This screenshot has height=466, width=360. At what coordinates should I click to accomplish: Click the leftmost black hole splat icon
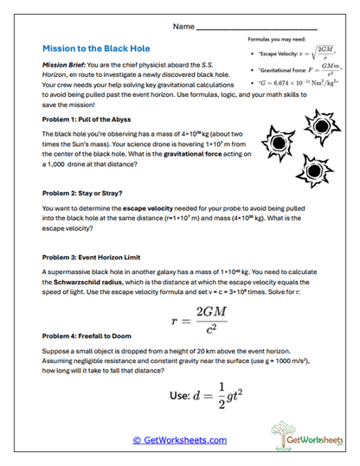[278, 137]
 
